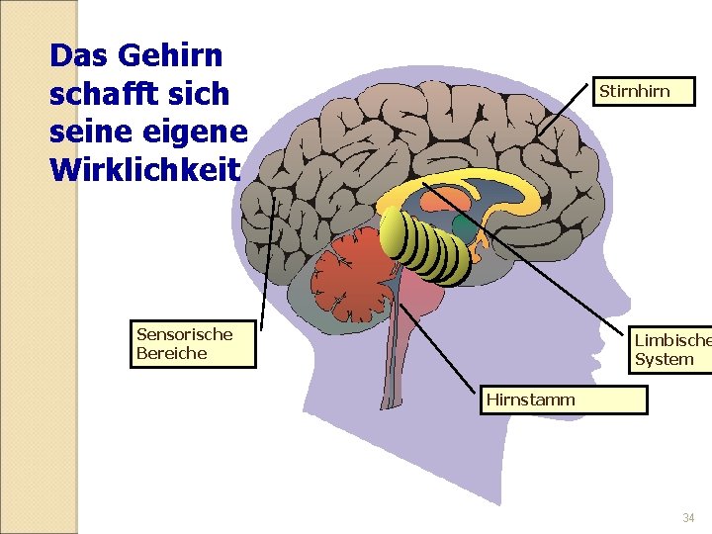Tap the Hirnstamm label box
pyautogui.click(x=565, y=400)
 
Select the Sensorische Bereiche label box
pyautogui.click(x=194, y=344)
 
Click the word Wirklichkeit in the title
pyautogui.click(x=144, y=169)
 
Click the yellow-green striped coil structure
pyautogui.click(x=425, y=246)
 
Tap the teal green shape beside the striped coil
pyautogui.click(x=462, y=228)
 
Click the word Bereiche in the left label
pyautogui.click(x=172, y=353)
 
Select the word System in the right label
pyautogui.click(x=664, y=359)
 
